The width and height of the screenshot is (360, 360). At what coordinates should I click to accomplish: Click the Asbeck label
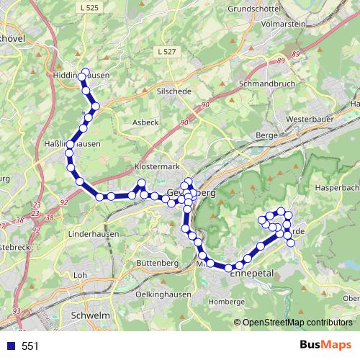click(145, 122)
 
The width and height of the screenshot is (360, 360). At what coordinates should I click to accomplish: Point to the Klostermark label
click(156, 167)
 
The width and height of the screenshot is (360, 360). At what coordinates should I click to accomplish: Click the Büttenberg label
click(156, 263)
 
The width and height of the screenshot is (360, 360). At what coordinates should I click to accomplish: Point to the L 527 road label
click(165, 53)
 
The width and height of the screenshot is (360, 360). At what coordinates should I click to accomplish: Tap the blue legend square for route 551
click(11, 346)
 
